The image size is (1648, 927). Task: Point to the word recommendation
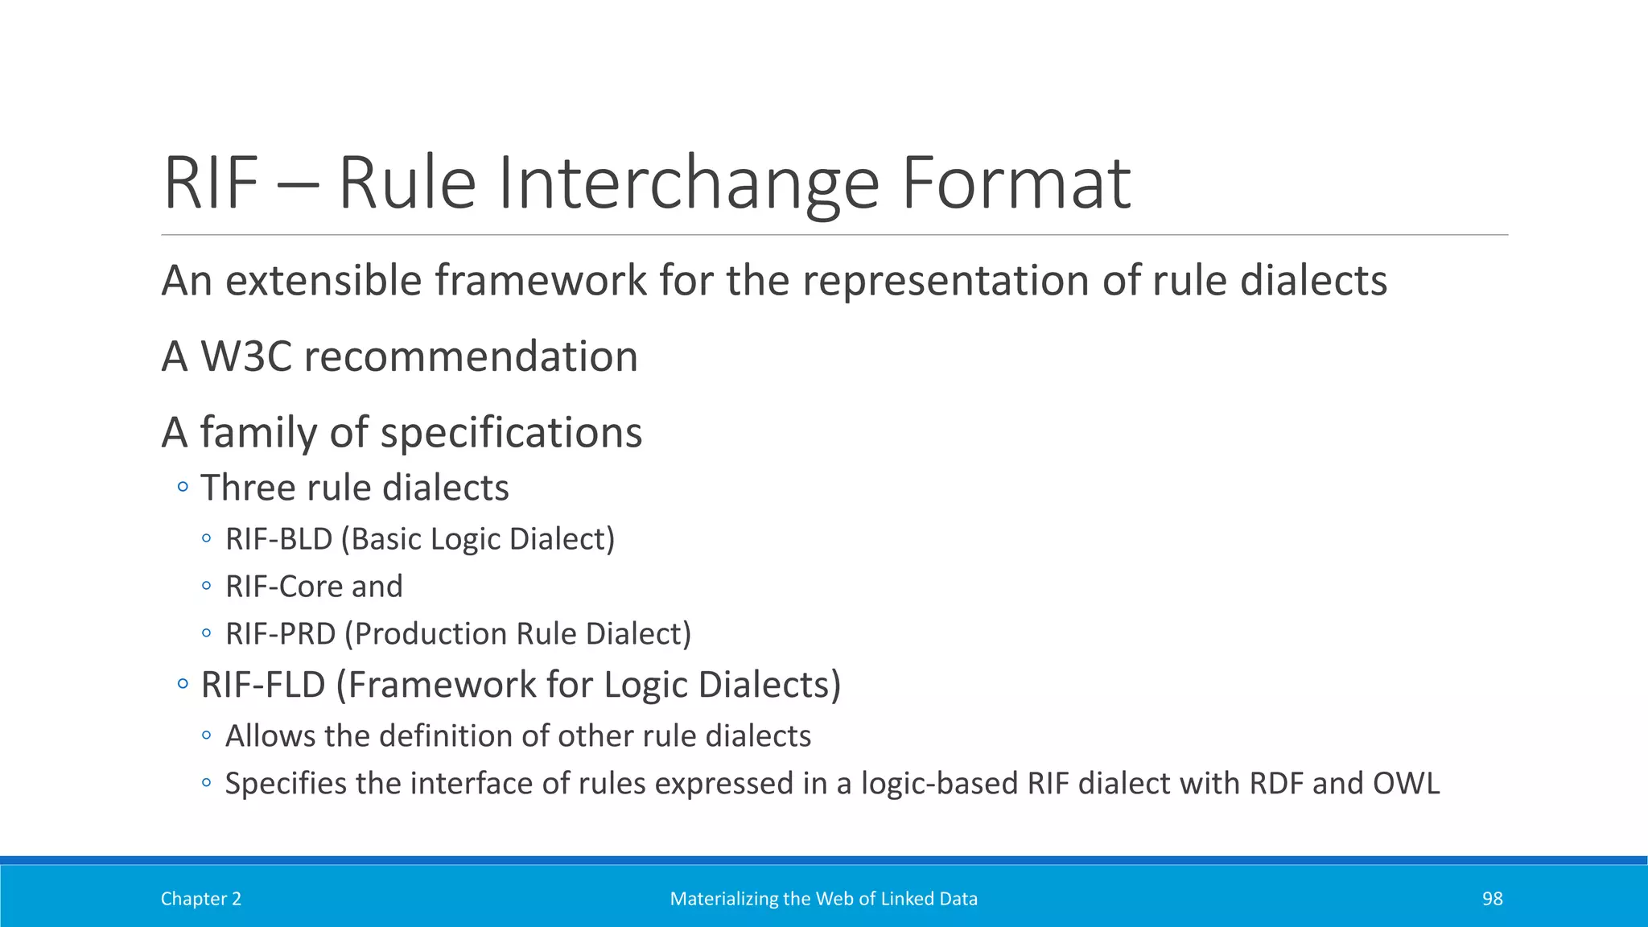471,356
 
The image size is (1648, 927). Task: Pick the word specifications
511,433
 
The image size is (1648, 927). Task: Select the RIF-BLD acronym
278,539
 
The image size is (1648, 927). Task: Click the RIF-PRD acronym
280,634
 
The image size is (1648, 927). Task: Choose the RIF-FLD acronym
262,685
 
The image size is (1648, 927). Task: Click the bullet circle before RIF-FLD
183,685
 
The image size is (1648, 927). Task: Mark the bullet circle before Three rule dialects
183,487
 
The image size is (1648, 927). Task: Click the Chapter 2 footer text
200,899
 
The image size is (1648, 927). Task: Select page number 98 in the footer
1492,899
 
